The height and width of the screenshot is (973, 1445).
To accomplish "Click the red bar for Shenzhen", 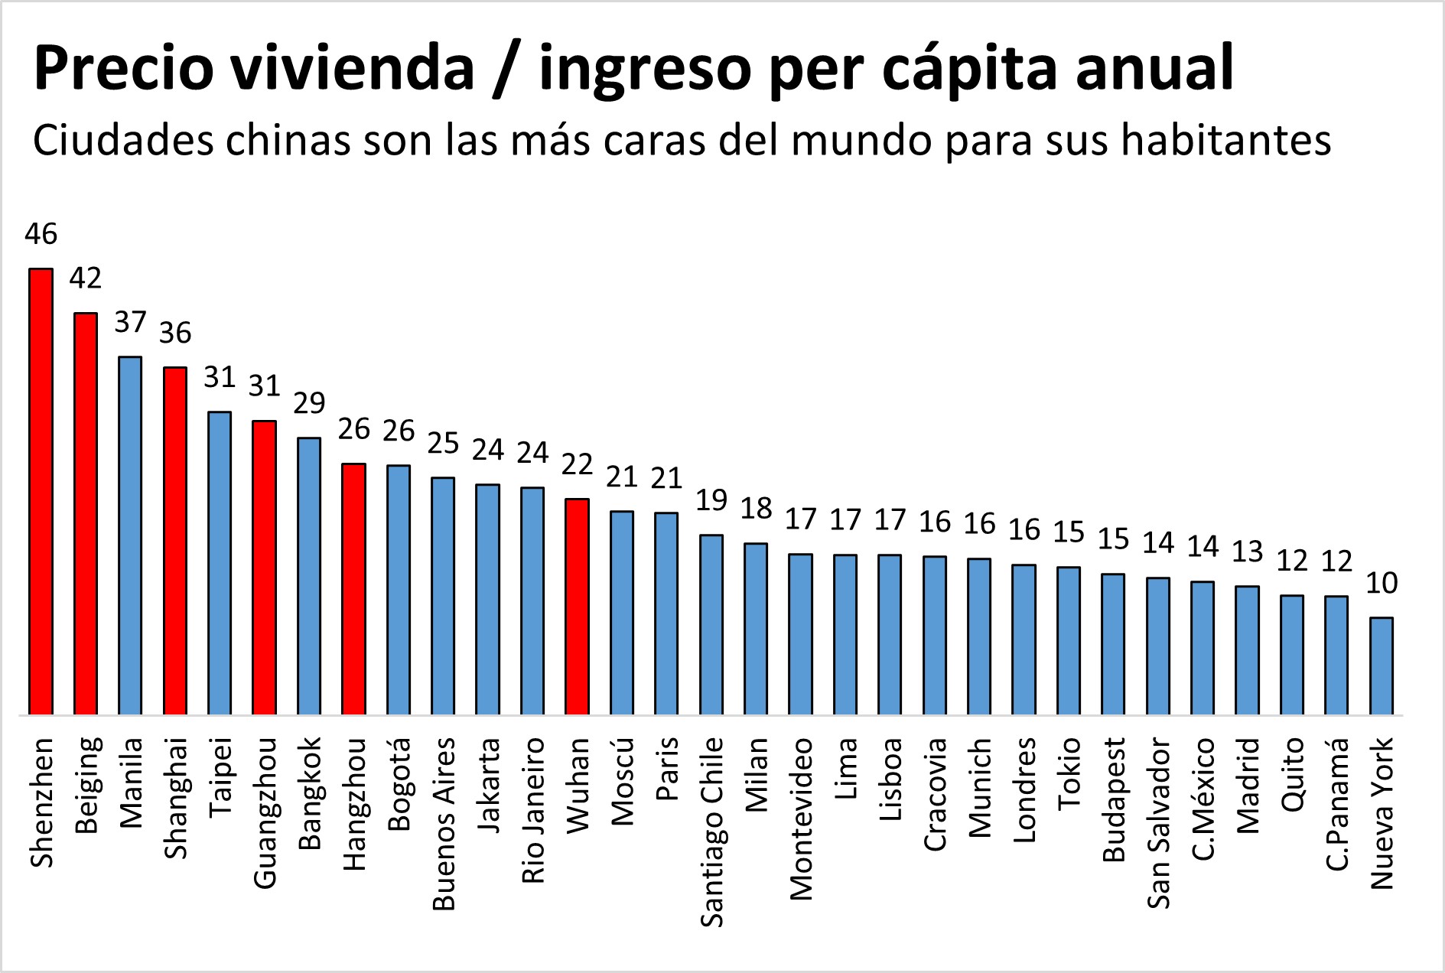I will pos(41,491).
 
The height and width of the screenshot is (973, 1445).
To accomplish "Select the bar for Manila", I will pos(130,535).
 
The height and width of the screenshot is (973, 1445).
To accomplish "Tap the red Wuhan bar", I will pos(577,607).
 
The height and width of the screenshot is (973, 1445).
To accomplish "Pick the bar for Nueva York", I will pos(1381,665).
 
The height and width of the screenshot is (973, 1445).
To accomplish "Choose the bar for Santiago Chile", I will pos(711,624).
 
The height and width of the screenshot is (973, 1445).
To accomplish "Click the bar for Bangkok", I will pos(309,576).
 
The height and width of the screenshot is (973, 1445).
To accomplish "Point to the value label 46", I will pos(41,234).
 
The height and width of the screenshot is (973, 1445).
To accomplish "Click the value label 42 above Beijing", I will pos(85,278).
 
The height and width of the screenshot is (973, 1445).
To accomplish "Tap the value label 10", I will pos(1382,584).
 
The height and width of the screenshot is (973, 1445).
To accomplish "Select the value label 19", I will pos(711,500).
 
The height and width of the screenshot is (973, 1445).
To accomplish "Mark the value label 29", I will pos(309,403).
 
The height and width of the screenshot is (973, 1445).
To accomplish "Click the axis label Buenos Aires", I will pos(444,824).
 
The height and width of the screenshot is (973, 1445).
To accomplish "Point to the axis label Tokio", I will pos(1069,773).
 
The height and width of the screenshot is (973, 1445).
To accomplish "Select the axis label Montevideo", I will pos(801,818).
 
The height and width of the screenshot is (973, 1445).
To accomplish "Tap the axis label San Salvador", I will pos(1158,823).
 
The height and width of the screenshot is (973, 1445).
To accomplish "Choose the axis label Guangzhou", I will pos(265,813).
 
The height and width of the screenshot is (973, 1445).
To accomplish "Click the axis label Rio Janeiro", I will pos(533,810).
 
